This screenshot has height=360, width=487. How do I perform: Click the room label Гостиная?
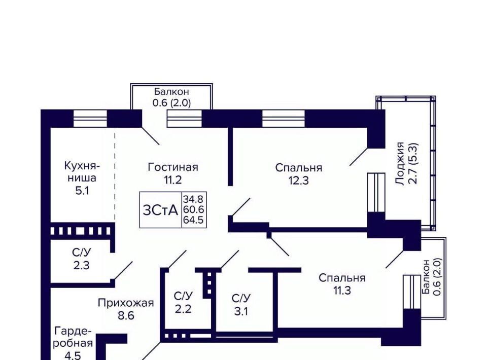[x=172, y=167]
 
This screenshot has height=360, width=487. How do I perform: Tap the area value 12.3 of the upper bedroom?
[x=298, y=180]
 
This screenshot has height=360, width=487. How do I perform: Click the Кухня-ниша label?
[x=82, y=172]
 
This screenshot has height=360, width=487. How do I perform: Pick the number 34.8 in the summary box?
[x=194, y=200]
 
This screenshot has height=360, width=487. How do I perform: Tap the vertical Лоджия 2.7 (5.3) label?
[x=406, y=163]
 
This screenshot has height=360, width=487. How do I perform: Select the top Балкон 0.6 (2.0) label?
[x=172, y=97]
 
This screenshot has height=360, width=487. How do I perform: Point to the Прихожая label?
[x=125, y=303]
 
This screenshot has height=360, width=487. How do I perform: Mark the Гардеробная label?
[x=73, y=337]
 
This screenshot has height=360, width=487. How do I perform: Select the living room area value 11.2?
[x=172, y=179]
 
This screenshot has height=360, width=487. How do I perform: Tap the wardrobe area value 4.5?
[x=73, y=355]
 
